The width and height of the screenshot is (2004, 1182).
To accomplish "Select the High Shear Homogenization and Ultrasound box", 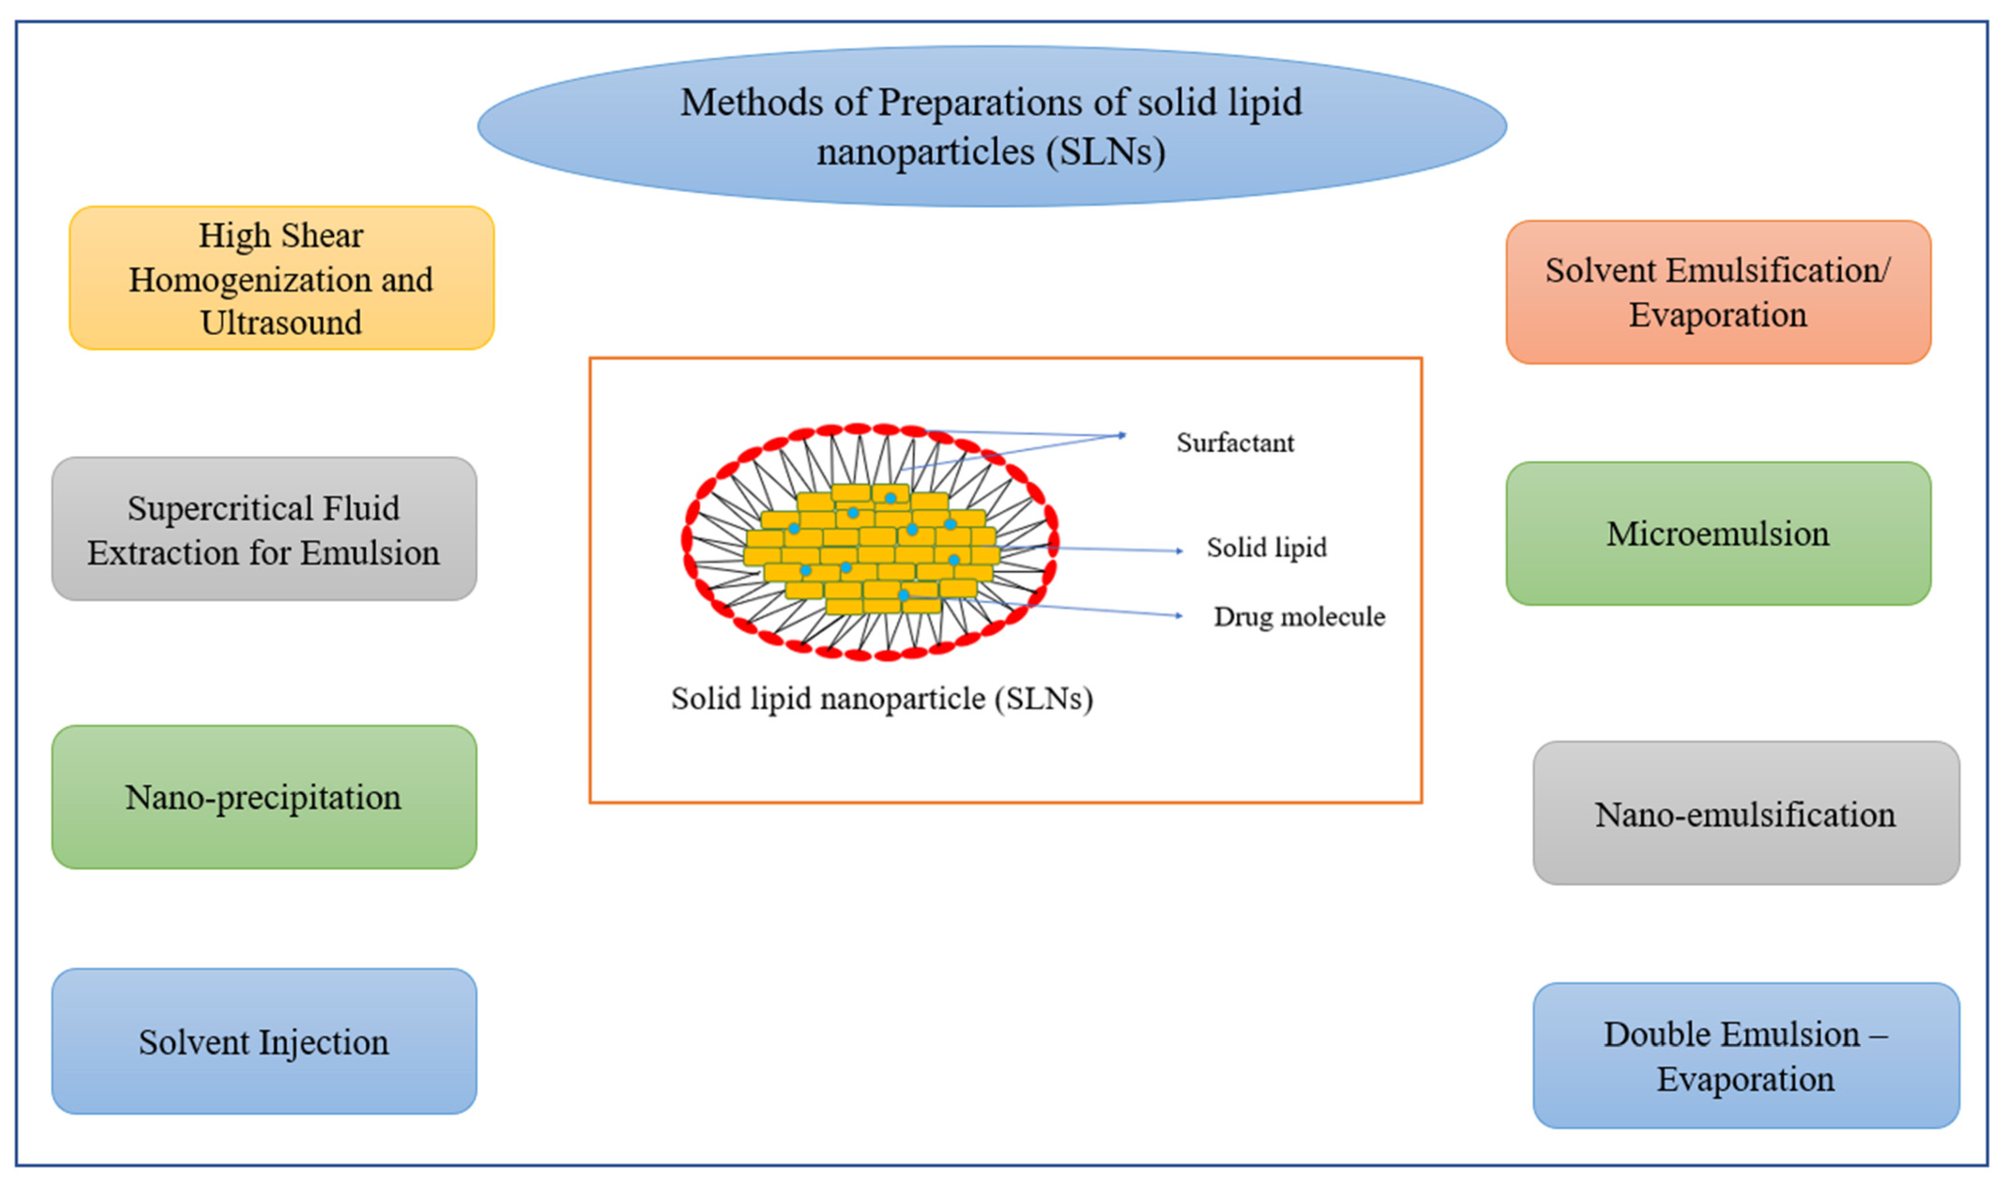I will click(x=281, y=278).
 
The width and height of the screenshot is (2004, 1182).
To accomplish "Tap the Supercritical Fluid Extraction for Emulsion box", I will click(x=264, y=529).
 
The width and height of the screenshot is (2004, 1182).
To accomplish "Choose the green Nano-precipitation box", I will click(x=264, y=797).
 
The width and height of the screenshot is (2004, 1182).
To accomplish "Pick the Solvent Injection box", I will click(x=264, y=1041).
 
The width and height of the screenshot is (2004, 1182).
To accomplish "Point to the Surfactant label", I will click(x=1235, y=443).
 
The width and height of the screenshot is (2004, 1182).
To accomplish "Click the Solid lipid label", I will click(x=1266, y=547).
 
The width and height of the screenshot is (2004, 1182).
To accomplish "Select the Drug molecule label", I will click(x=1299, y=616).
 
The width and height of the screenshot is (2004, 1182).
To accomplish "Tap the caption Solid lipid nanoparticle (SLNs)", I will click(x=881, y=699).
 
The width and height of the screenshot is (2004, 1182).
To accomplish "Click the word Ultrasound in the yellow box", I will click(x=281, y=322).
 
